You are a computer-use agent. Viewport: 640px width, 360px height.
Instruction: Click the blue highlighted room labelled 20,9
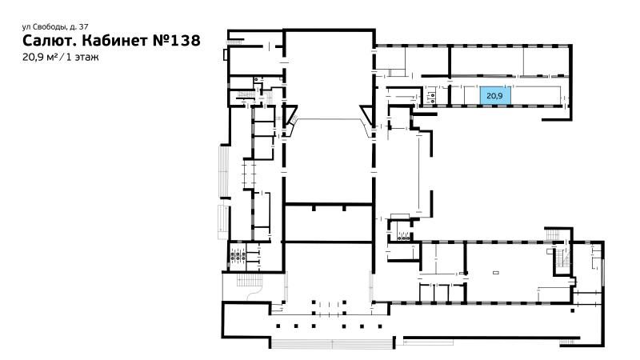pyautogui.click(x=494, y=95)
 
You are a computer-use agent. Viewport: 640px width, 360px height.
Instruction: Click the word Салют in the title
pyautogui.click(x=50, y=41)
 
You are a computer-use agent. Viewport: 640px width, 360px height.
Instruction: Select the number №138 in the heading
pyautogui.click(x=176, y=41)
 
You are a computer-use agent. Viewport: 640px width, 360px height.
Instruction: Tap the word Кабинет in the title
pyautogui.click(x=115, y=41)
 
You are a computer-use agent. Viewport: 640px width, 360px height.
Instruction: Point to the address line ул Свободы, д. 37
pyautogui.click(x=55, y=27)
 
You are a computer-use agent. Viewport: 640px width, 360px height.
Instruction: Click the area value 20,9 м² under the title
pyautogui.click(x=39, y=57)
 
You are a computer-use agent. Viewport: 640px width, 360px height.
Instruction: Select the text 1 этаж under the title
pyautogui.click(x=82, y=57)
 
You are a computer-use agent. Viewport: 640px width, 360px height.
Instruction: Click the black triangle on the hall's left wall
pyautogui.click(x=290, y=114)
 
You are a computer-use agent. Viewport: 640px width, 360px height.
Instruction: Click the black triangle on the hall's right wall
pyautogui.click(x=366, y=114)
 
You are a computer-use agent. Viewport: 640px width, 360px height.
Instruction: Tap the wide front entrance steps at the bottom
pyautogui.click(x=331, y=343)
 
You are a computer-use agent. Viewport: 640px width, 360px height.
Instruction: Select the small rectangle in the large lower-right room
pyautogui.click(x=496, y=272)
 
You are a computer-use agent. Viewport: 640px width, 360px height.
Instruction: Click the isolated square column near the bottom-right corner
pyautogui.click(x=573, y=310)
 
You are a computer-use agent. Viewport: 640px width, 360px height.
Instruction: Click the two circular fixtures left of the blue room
pyautogui.click(x=431, y=96)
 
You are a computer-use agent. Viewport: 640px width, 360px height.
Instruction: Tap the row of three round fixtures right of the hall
pyautogui.click(x=403, y=236)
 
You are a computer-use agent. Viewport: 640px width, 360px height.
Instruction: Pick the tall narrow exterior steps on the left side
pyautogui.click(x=224, y=171)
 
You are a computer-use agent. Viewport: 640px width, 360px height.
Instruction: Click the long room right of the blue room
pyautogui.click(x=534, y=95)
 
